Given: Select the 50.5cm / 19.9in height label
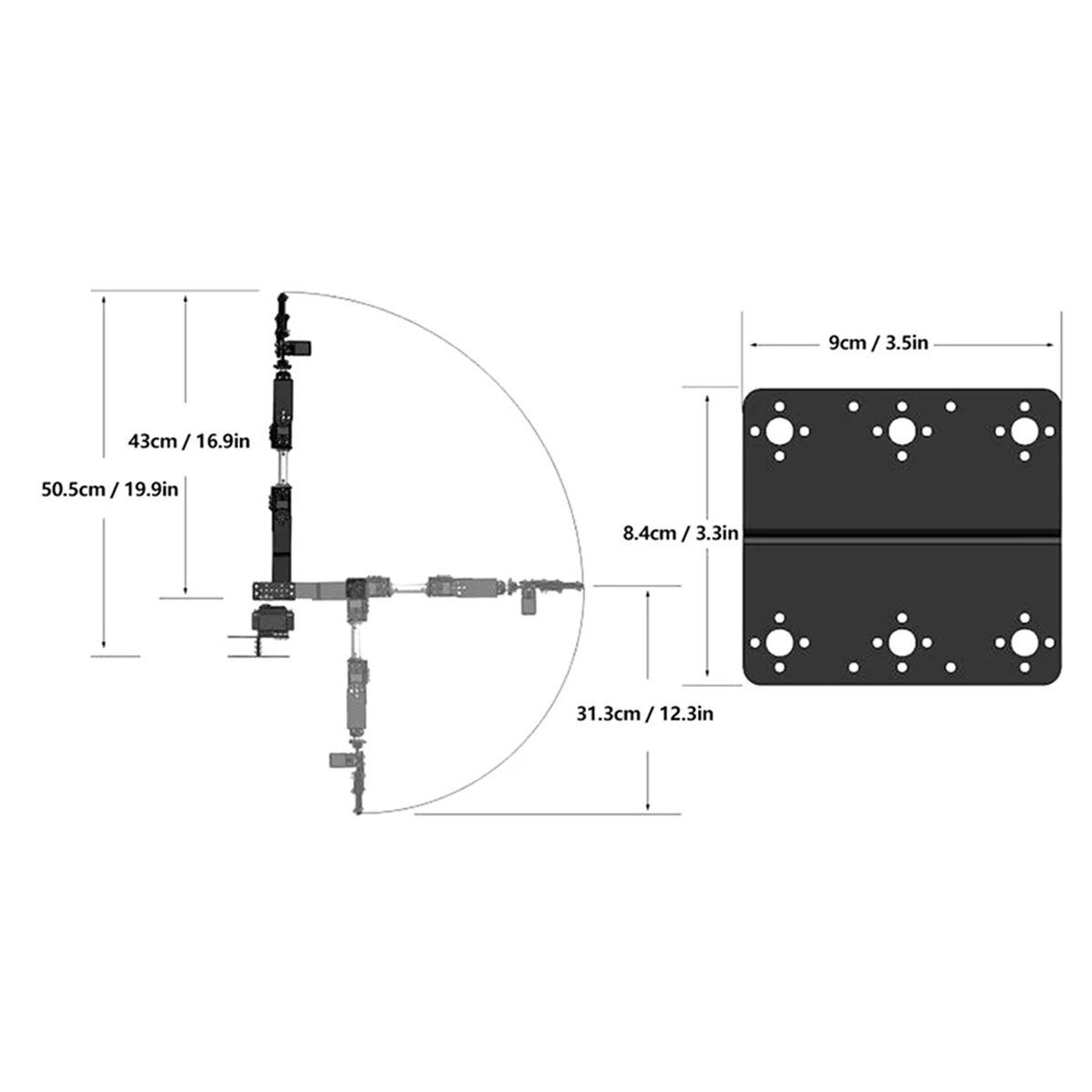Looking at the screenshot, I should [109, 489].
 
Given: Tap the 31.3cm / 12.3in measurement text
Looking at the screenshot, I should [644, 714].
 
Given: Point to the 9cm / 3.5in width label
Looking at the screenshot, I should [877, 343].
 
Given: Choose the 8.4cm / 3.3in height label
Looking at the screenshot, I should [680, 533].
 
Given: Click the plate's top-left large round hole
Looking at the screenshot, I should [779, 431].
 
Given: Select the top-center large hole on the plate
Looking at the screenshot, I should [901, 431].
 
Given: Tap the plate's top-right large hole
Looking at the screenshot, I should [1024, 431].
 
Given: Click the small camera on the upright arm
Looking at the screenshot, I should [299, 347].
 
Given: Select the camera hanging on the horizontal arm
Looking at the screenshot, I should [528, 602].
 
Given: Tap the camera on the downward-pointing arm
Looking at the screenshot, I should [339, 760].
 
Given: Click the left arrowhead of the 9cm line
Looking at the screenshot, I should [752, 344].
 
